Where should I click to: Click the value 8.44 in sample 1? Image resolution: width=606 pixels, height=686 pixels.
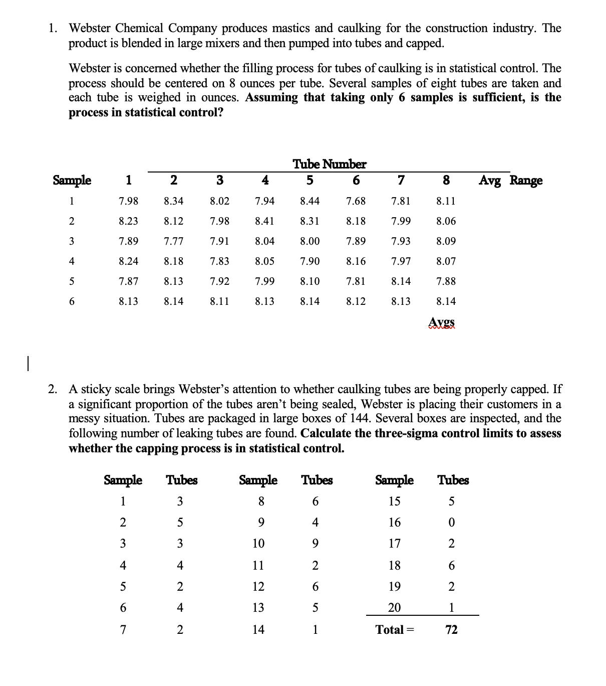pos(310,201)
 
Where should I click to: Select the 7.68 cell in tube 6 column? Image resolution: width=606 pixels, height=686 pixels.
pos(356,201)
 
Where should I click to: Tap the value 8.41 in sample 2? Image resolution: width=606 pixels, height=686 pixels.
pos(264,221)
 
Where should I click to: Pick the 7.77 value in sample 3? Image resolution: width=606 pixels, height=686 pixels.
pos(173,241)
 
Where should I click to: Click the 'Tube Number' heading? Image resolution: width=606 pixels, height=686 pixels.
pos(329,164)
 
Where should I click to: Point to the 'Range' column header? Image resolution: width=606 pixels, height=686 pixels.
pos(526,180)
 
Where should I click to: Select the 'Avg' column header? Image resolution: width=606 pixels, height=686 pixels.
pos(489,180)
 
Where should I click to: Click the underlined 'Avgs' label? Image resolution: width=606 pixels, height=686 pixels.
pos(442,322)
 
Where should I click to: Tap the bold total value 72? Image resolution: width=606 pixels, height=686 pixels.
pos(451,630)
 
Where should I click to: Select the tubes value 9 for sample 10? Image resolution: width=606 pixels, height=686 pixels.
pos(315,544)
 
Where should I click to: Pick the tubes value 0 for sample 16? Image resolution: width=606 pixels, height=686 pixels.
pos(451,523)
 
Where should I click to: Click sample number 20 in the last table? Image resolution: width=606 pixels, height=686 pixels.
pos(395,608)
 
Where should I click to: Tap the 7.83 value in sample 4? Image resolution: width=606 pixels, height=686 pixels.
pos(219,261)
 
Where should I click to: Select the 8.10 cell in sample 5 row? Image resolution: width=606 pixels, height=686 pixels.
pos(310,281)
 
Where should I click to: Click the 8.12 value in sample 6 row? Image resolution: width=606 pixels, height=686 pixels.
pos(356,301)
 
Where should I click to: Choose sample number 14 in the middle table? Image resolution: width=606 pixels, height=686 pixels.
pos(258,630)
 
